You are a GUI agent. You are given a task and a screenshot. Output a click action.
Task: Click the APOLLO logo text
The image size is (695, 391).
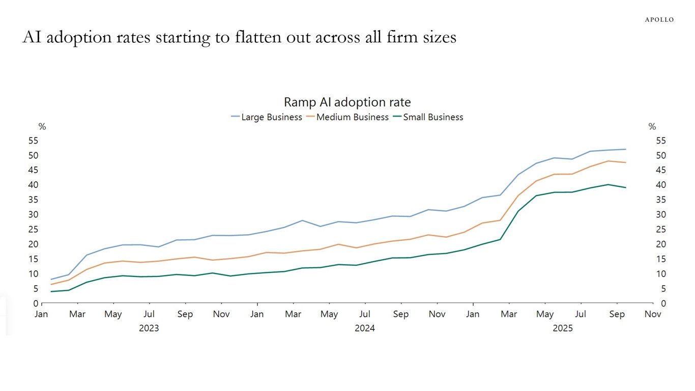[x=659, y=20]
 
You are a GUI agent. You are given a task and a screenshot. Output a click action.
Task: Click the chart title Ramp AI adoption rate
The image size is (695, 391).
[x=347, y=102]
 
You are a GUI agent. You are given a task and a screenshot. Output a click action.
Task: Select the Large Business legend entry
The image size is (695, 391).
[x=266, y=117]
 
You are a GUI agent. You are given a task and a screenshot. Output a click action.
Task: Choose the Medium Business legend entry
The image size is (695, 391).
[x=347, y=117]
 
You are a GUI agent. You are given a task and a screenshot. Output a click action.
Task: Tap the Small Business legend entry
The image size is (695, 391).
[x=427, y=117]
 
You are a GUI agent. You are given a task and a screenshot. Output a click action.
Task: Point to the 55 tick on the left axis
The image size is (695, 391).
[x=33, y=141]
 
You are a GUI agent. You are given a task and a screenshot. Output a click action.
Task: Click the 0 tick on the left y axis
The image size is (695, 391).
[x=36, y=303]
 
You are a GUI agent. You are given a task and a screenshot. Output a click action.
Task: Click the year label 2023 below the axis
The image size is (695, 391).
[x=149, y=328]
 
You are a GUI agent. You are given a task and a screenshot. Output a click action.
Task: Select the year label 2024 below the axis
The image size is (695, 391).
[x=365, y=328]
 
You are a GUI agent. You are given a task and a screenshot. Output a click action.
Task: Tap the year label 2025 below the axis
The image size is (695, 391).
[x=563, y=328]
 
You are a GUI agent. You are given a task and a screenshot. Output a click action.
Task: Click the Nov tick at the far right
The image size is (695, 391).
[x=653, y=315]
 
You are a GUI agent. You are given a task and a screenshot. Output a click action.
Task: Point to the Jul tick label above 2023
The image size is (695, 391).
[x=149, y=315]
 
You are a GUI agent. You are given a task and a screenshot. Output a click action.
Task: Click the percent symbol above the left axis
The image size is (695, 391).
[x=42, y=127]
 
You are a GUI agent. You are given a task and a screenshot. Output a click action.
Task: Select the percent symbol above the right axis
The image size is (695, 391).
[x=652, y=127]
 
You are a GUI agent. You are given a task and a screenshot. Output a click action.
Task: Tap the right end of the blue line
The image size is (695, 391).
[x=626, y=149]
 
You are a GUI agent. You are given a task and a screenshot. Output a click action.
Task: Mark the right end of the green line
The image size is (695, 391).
[x=626, y=187]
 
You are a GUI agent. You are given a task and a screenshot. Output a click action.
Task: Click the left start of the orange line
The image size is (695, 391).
[x=51, y=285]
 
